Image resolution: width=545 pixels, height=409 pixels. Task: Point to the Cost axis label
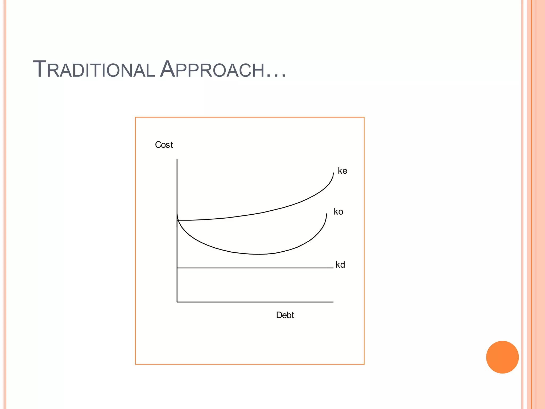tap(164, 145)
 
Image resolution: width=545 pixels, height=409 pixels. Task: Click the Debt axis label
tap(285, 315)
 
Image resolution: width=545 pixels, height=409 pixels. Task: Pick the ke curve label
tap(342, 171)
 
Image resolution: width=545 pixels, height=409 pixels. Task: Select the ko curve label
tap(338, 212)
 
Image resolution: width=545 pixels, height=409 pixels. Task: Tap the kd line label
tap(340, 265)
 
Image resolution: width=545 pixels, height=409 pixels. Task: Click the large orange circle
tap(502, 357)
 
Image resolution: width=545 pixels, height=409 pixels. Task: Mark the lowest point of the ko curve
tap(258, 254)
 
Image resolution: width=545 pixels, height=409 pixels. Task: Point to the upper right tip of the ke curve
tap(333, 173)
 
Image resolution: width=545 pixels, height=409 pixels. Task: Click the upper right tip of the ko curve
tap(327, 214)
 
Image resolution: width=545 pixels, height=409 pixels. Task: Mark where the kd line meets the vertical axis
tap(177, 268)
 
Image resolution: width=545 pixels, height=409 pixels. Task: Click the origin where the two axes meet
tap(177, 302)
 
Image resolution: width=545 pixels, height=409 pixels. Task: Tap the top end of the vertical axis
tap(177, 159)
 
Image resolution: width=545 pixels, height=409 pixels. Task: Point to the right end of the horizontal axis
tap(333, 302)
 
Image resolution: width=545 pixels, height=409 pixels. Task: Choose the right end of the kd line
tap(333, 268)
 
